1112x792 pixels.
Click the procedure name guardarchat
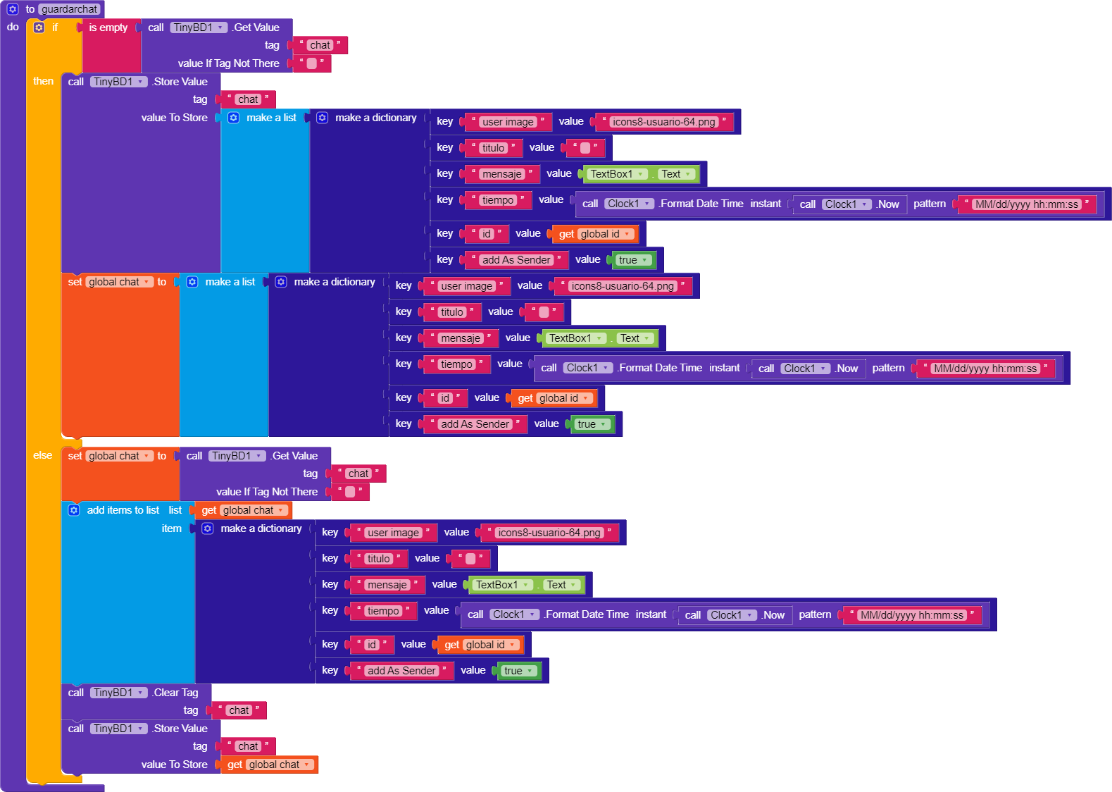70,9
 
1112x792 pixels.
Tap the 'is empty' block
108,27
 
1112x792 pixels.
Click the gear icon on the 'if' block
39,27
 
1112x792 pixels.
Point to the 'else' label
42,455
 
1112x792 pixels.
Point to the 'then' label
43,81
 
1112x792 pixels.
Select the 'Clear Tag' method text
176,693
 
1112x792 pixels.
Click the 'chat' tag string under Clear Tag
239,710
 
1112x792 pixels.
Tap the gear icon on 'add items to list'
74,510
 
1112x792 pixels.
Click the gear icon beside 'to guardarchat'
13,9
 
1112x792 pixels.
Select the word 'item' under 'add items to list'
171,528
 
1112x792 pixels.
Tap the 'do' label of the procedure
13,27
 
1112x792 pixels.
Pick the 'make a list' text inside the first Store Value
271,118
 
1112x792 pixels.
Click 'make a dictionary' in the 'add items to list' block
261,528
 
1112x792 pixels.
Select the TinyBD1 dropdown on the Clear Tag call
119,693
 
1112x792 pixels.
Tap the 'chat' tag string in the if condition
320,45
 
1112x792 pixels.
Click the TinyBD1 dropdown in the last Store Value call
119,729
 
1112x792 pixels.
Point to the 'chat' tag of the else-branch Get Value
358,474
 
